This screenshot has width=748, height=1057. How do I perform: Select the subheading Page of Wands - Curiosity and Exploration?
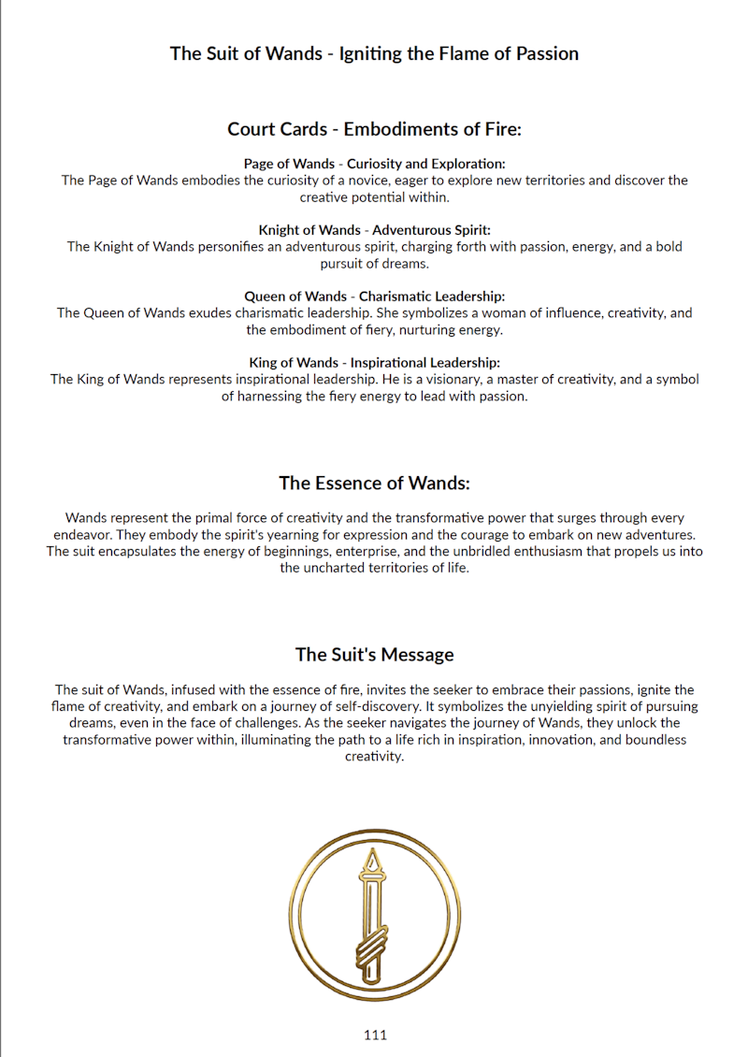coord(374,164)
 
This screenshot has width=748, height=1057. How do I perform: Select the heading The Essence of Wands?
coord(374,483)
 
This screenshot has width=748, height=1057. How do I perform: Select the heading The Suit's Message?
coord(374,654)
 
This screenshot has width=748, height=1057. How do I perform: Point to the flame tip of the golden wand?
coord(374,860)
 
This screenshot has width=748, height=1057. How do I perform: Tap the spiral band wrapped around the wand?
coord(373,944)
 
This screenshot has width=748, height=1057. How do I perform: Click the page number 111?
coord(375,1035)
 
